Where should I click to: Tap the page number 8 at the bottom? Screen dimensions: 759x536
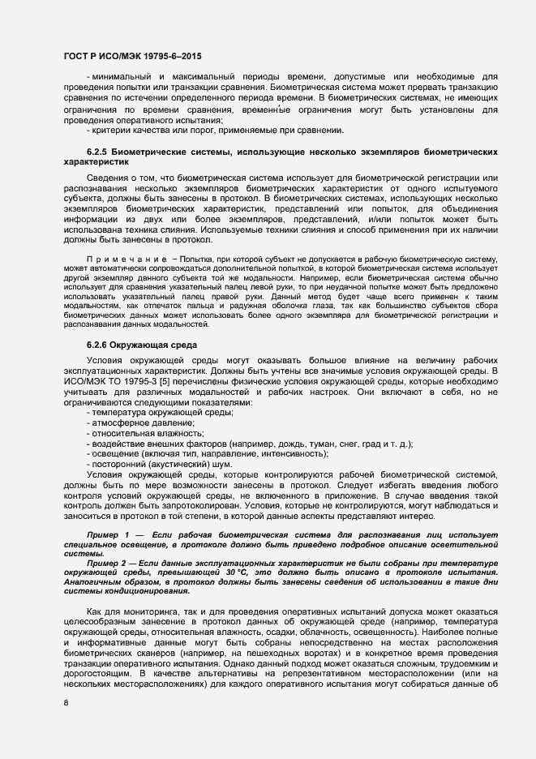pos(66,703)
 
